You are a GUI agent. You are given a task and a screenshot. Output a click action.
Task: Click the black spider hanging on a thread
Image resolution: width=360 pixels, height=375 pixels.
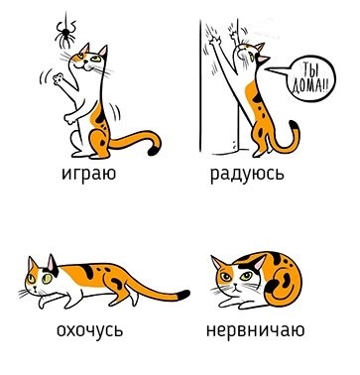pyautogui.click(x=65, y=34)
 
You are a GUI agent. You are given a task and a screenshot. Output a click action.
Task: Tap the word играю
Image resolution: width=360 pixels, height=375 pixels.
pyautogui.click(x=88, y=174)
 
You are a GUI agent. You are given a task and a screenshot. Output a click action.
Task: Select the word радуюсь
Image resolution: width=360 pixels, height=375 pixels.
pyautogui.click(x=247, y=174)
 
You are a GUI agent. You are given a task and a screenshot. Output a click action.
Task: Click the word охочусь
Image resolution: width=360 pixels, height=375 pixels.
pyautogui.click(x=89, y=330)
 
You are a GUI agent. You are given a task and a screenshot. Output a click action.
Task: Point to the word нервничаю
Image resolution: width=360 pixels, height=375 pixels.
pyautogui.click(x=255, y=330)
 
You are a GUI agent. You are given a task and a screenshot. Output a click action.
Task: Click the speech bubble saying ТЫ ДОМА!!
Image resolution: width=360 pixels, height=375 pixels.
pyautogui.click(x=310, y=79)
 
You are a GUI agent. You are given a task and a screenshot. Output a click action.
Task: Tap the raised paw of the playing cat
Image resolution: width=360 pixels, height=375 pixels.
pyautogui.click(x=60, y=78)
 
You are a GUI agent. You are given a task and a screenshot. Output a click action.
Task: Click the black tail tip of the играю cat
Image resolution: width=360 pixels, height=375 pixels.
pyautogui.click(x=154, y=151)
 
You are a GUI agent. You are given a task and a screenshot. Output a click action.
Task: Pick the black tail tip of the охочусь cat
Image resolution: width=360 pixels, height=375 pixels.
pyautogui.click(x=182, y=295)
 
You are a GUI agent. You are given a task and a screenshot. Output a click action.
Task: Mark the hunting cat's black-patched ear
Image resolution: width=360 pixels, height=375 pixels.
pyautogui.click(x=53, y=266)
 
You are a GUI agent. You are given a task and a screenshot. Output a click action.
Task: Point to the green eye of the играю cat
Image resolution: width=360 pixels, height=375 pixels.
pyautogui.click(x=96, y=60)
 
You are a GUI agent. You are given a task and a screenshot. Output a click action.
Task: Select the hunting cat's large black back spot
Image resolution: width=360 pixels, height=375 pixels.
pyautogui.click(x=86, y=270)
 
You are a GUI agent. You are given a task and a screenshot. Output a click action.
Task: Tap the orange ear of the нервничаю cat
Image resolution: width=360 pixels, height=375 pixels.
pyautogui.click(x=217, y=263)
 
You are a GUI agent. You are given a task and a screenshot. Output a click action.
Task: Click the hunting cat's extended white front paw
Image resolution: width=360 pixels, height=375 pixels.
pyautogui.click(x=50, y=301)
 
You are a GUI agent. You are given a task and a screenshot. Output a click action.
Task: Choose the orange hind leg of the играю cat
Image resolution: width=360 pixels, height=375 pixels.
pyautogui.click(x=100, y=143)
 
